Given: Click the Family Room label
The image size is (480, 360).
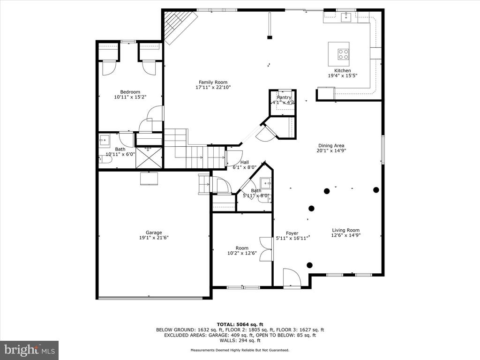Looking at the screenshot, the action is (213, 82).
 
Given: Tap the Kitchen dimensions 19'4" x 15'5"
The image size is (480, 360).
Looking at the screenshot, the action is (343, 75).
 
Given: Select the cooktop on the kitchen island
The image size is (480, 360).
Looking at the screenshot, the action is (343, 54).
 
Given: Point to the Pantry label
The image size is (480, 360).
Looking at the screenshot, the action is (284, 97).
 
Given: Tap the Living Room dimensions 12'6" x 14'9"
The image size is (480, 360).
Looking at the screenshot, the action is (346, 235).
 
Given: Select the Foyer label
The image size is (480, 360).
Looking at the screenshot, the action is (292, 233).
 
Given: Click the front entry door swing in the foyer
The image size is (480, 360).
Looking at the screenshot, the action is (292, 277).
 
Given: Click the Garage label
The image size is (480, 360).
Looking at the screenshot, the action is (154, 232).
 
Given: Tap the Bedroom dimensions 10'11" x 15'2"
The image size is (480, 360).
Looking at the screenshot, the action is (130, 97).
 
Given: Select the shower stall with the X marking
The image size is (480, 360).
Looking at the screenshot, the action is (149, 157).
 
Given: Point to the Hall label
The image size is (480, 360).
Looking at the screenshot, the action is (245, 162).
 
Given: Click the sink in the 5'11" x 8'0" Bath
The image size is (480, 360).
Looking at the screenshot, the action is (265, 183).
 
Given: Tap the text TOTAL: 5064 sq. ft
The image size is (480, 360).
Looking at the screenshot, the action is (240, 324).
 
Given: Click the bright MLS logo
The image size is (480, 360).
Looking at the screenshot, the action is (30, 350).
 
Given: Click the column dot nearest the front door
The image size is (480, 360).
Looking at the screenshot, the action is (309, 265).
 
